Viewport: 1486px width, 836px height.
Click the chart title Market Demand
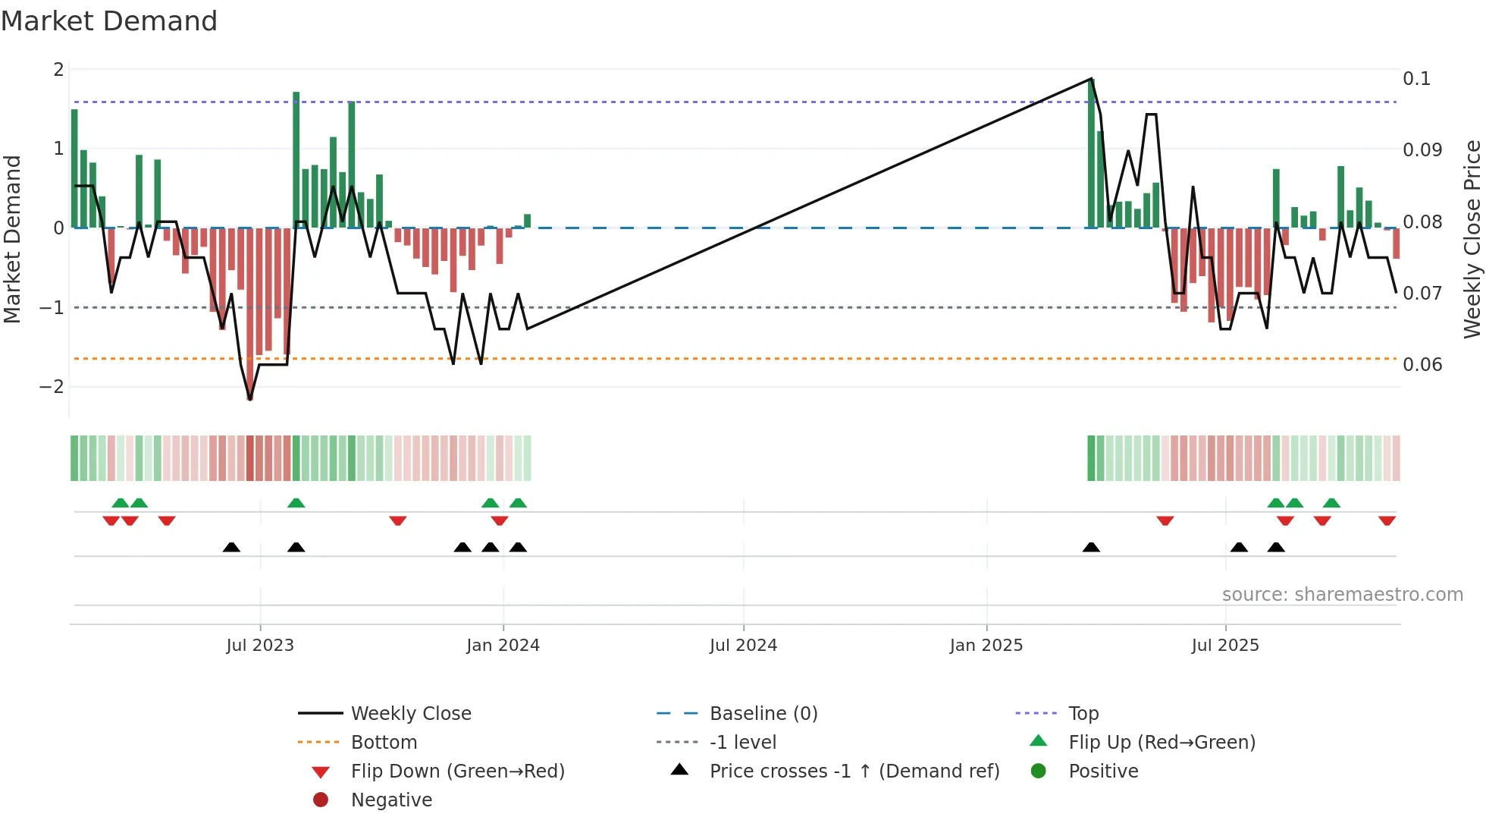(x=109, y=21)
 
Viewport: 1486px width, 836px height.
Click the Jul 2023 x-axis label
(x=260, y=646)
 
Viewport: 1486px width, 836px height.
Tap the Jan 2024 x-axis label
(x=503, y=646)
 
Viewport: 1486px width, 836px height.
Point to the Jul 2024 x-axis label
(x=743, y=646)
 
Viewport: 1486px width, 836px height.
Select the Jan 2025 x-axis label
(x=986, y=646)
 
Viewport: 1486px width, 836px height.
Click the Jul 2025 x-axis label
(x=1225, y=646)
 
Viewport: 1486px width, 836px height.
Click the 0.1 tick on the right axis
(x=1416, y=79)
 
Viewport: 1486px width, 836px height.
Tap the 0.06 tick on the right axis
(x=1422, y=365)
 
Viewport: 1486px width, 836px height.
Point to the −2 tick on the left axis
(x=52, y=387)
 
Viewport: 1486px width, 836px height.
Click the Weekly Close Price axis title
(x=1472, y=239)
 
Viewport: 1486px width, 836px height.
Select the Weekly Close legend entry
(x=411, y=714)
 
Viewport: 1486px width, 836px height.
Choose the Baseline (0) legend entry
(x=763, y=714)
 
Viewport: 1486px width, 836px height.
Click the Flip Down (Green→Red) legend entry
(x=458, y=772)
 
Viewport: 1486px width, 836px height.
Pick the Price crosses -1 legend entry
(x=854, y=772)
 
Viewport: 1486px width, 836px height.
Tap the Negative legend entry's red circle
(x=321, y=800)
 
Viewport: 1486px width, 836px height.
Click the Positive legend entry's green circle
(x=1039, y=771)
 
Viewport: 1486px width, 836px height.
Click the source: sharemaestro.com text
(x=1342, y=595)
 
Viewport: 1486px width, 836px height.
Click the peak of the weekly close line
(x=1091, y=79)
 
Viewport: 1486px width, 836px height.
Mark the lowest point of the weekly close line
(x=250, y=399)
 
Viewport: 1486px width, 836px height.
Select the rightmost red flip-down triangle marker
(x=1387, y=520)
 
